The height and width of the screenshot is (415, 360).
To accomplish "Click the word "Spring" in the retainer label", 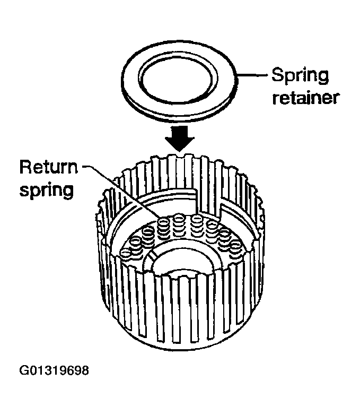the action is [x=300, y=76].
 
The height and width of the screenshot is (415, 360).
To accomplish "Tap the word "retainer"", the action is [x=305, y=98].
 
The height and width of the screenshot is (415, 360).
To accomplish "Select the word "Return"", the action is [x=49, y=167].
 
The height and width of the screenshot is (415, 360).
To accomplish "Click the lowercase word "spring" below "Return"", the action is [x=47, y=190].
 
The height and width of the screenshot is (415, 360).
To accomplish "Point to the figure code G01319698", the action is [x=54, y=370].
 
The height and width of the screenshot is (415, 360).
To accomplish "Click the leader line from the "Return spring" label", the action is [x=120, y=192].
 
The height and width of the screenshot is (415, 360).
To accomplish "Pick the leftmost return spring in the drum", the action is [x=126, y=254].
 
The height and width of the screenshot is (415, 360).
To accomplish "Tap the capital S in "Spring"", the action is [x=277, y=74].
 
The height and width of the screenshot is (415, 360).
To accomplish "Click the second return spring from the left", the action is [x=135, y=244].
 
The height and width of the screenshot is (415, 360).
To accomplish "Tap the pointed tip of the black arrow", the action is [x=180, y=152].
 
